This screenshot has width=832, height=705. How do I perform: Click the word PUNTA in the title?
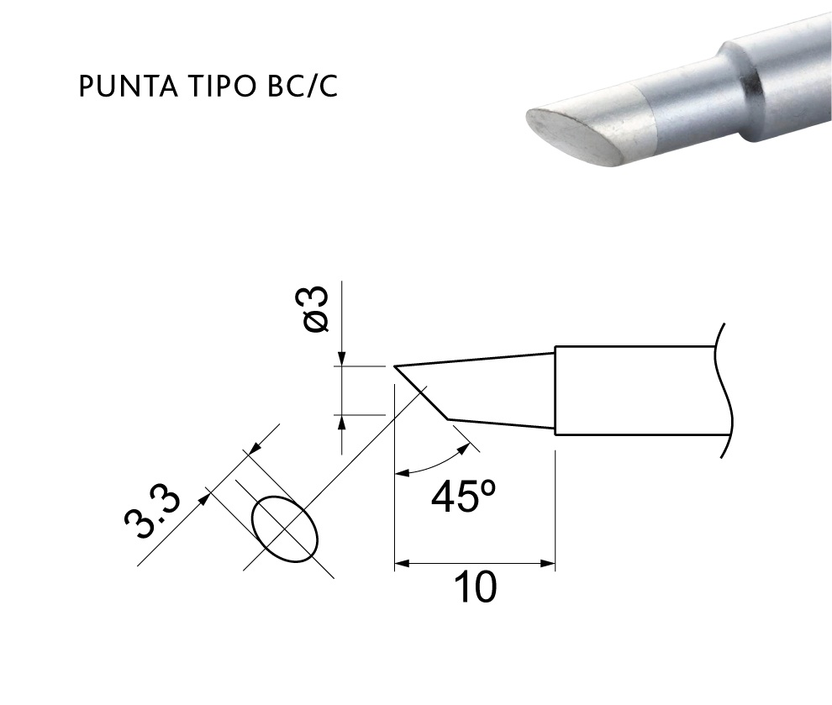[128, 87]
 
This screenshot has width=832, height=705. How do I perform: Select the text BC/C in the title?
[303, 87]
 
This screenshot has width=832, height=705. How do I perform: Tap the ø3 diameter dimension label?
[318, 309]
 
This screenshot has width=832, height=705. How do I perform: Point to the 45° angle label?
[463, 497]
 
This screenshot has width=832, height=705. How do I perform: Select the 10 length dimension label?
[476, 587]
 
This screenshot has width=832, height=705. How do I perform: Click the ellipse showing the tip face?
[285, 529]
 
